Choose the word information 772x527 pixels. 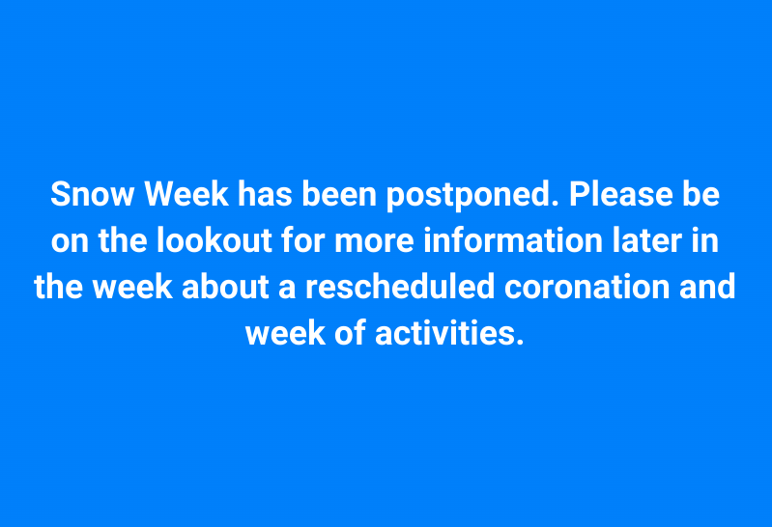pos(467,241)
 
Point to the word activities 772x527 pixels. pos(448,334)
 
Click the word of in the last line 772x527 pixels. pos(345,334)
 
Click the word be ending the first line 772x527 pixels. pos(702,194)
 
